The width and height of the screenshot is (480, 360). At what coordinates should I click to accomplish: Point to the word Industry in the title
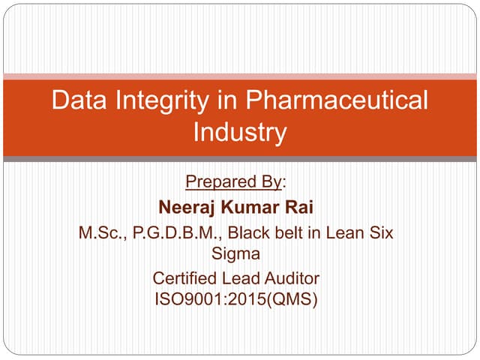[240, 133]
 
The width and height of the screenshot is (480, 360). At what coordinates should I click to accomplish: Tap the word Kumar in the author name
[256, 206]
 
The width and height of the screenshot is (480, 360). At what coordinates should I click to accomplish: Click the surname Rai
[307, 206]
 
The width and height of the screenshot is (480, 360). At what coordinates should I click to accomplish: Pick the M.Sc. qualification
[102, 232]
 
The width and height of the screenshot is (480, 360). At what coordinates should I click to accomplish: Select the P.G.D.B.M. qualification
[169, 232]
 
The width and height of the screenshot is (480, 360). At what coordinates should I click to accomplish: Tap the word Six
[379, 232]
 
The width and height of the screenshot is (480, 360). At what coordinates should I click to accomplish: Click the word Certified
[184, 279]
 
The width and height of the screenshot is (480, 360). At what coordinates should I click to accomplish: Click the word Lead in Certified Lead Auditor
[241, 279]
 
